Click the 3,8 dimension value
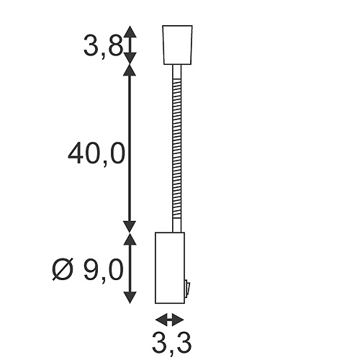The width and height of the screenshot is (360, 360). (x=100, y=48)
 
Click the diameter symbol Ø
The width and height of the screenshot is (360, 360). (x=63, y=271)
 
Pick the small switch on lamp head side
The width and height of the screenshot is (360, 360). (x=186, y=289)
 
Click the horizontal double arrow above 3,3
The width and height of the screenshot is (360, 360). (x=169, y=320)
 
